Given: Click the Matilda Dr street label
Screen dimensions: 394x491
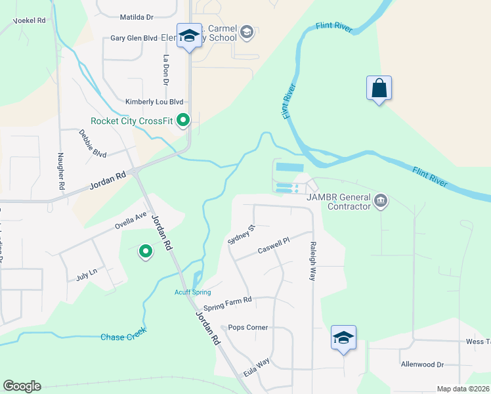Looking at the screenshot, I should click(137, 17).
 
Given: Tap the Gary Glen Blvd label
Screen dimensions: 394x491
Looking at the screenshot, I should click(134, 39).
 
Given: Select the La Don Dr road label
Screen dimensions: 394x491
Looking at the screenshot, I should click(166, 70).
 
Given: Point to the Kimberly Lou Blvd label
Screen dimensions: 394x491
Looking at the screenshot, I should click(154, 102).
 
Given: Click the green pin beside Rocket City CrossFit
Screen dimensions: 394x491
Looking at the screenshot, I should click(184, 120).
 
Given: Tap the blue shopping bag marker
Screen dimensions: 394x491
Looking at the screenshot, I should click(379, 89).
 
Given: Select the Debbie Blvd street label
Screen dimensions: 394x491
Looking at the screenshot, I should click(93, 143).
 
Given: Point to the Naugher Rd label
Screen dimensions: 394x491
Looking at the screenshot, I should click(61, 171).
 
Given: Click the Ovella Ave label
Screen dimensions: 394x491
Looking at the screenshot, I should click(131, 219).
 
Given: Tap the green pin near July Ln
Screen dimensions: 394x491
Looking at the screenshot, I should click(145, 251).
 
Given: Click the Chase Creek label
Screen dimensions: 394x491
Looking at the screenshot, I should click(123, 337).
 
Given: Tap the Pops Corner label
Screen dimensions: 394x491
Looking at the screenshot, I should click(248, 327).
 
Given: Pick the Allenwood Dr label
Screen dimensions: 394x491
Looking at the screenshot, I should click(422, 364).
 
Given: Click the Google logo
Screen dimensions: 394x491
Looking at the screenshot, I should click(22, 386).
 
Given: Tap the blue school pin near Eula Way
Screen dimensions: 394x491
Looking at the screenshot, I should click(343, 338).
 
